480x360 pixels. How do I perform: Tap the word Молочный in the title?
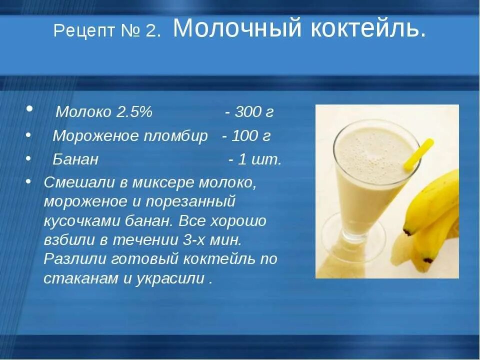click(237, 29)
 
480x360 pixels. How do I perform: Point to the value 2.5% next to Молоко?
click(134, 112)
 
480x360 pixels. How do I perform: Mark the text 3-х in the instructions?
click(192, 240)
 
